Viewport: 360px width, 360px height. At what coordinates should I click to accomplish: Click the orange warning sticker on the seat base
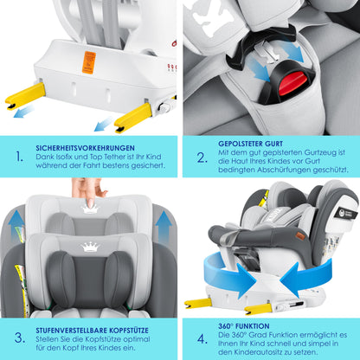coord(88,61)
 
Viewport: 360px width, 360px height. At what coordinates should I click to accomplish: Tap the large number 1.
coord(19,157)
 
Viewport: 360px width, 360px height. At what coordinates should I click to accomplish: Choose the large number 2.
coord(201,157)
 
